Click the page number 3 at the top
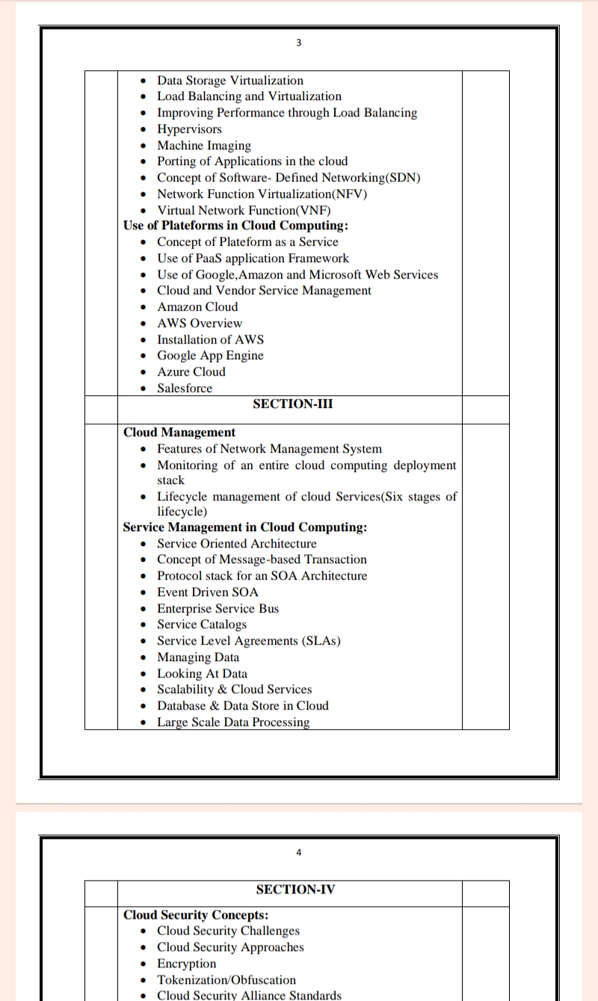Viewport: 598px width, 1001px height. pos(298,43)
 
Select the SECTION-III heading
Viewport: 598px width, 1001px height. pos(293,404)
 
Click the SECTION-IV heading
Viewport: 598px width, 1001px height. pos(295,889)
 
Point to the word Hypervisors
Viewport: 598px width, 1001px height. pos(189,129)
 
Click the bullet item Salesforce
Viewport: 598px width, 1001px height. pos(185,388)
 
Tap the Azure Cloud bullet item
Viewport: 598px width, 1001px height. pos(191,372)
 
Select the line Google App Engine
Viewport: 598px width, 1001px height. pos(210,356)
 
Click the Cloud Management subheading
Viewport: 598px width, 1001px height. pos(179,433)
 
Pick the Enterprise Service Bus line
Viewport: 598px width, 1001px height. pos(218,609)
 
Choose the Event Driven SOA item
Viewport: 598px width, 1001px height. pos(208,592)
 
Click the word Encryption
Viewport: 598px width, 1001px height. pos(186,964)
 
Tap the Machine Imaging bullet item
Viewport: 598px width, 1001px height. pos(204,146)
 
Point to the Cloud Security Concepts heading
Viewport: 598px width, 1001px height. pos(196,915)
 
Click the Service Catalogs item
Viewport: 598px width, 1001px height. pos(201,625)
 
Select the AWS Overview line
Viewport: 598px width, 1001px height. pos(200,323)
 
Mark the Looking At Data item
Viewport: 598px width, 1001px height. pos(202,674)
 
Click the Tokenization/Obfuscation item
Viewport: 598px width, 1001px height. pos(226,980)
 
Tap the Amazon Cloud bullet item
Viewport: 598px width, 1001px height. pos(197,307)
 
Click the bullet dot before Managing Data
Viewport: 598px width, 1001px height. pos(144,658)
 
